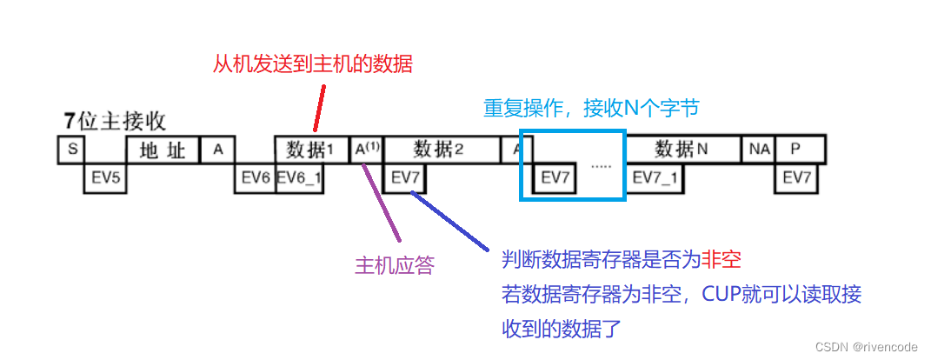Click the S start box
pos(72,150)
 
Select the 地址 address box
pos(163,150)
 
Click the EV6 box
pos(256,178)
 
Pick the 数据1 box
pos(310,150)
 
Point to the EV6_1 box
pos(299,178)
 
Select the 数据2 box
pos(441,150)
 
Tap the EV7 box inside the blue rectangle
pos(554,178)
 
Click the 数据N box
pos(682,150)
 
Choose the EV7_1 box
pos(656,178)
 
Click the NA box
pos(758,150)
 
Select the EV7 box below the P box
pos(797,178)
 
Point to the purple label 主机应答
pos(394,265)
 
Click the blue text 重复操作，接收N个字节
pos(591,108)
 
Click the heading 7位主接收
pos(115,121)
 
